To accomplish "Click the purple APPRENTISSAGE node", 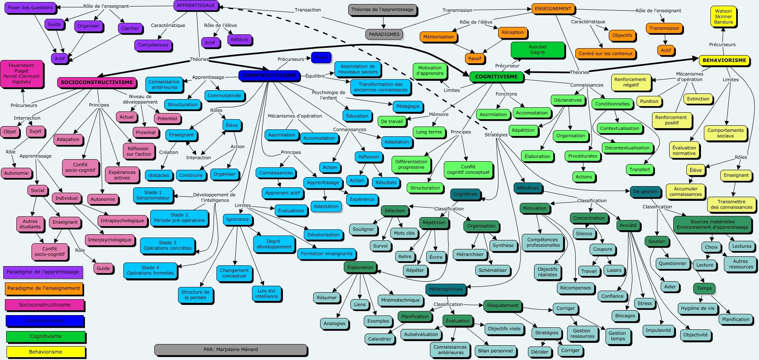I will [x=196, y=6].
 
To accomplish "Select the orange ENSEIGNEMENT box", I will [x=553, y=9].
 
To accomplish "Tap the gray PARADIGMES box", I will [x=384, y=35].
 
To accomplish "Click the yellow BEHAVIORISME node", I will [x=724, y=60].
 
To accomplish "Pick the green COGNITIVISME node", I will [x=496, y=77].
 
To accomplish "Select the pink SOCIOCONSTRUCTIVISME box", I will [x=97, y=82].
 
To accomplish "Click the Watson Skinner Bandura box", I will [x=723, y=17].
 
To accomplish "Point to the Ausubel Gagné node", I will [x=537, y=50].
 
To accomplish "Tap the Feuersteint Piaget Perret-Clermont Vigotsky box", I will [x=21, y=73].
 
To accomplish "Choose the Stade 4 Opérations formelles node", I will [x=150, y=271].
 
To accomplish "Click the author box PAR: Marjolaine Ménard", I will [x=231, y=349].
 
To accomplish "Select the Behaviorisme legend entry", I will [x=46, y=352].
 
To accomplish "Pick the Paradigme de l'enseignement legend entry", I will [x=44, y=289].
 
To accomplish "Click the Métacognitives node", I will [x=445, y=289].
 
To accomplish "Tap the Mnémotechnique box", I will [x=400, y=300].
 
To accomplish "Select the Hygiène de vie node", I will [x=697, y=309].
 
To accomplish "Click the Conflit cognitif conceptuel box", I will [x=468, y=170].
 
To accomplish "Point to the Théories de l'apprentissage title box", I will [x=382, y=10].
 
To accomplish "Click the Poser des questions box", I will [x=30, y=8].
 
